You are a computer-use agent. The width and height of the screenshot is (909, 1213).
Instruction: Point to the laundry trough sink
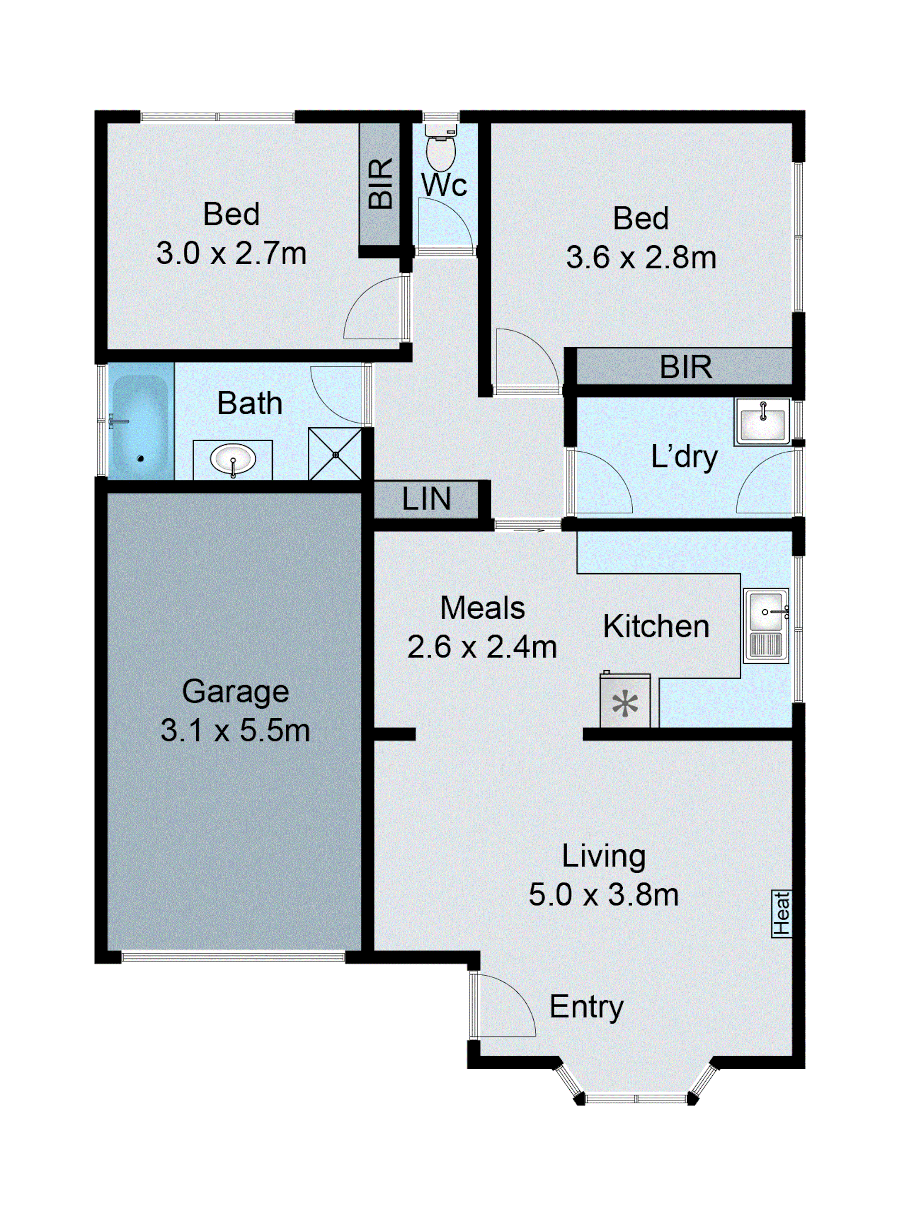click(x=762, y=421)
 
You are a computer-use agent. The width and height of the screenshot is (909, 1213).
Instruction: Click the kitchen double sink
click(x=766, y=626)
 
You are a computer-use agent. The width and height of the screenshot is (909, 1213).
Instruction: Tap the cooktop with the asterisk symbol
click(x=625, y=703)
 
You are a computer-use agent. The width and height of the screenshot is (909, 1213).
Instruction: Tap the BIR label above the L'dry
click(x=685, y=367)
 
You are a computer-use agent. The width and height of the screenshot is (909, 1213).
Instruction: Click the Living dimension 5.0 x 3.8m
click(x=604, y=895)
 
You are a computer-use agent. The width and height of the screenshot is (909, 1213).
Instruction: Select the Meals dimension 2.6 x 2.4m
click(x=482, y=647)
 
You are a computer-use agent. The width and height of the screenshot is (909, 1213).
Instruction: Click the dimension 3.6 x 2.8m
click(x=641, y=258)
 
